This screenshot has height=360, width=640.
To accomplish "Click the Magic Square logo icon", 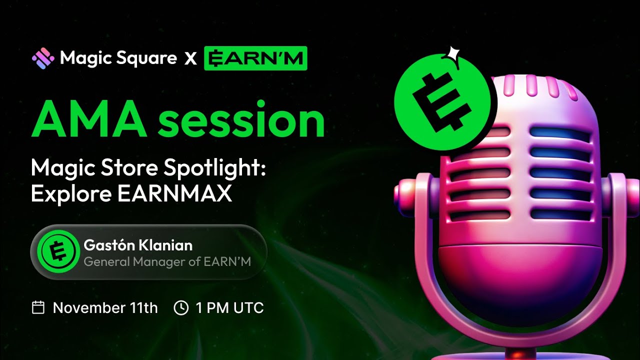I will pyautogui.click(x=43, y=58).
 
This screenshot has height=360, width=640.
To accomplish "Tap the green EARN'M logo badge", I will pyautogui.click(x=255, y=58).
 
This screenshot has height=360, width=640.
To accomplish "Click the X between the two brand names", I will pyautogui.click(x=190, y=59).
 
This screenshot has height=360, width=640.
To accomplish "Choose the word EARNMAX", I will pyautogui.click(x=174, y=193).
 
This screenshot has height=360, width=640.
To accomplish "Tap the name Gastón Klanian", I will pyautogui.click(x=138, y=245).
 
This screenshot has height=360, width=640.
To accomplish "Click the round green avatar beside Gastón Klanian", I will pyautogui.click(x=58, y=251).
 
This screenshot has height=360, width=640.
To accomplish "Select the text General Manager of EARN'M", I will pyautogui.click(x=167, y=261).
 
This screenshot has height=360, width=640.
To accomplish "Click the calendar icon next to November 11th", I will pyautogui.click(x=38, y=307).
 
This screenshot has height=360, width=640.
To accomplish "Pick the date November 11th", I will pyautogui.click(x=105, y=307).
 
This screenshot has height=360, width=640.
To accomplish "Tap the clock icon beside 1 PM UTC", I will pyautogui.click(x=180, y=307).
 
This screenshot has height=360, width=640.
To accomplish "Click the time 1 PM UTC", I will pyautogui.click(x=229, y=307).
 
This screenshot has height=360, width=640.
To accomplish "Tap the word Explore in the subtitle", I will pyautogui.click(x=71, y=193).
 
